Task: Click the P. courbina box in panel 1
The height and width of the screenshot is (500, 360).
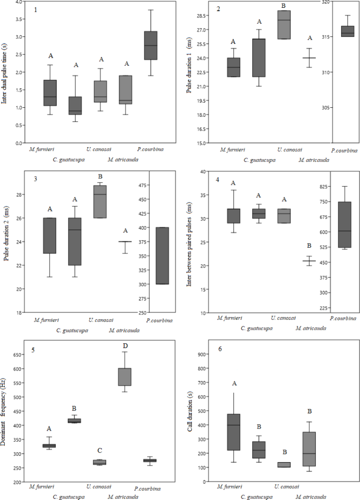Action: tap(151, 46)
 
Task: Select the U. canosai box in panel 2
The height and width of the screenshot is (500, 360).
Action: tap(284, 25)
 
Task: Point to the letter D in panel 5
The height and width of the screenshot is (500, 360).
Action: tap(125, 345)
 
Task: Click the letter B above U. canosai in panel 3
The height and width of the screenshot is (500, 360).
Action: tap(100, 177)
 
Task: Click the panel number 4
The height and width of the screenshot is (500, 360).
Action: tap(217, 180)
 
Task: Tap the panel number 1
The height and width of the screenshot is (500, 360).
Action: tap(35, 10)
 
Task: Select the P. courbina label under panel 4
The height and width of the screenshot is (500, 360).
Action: tap(343, 319)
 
